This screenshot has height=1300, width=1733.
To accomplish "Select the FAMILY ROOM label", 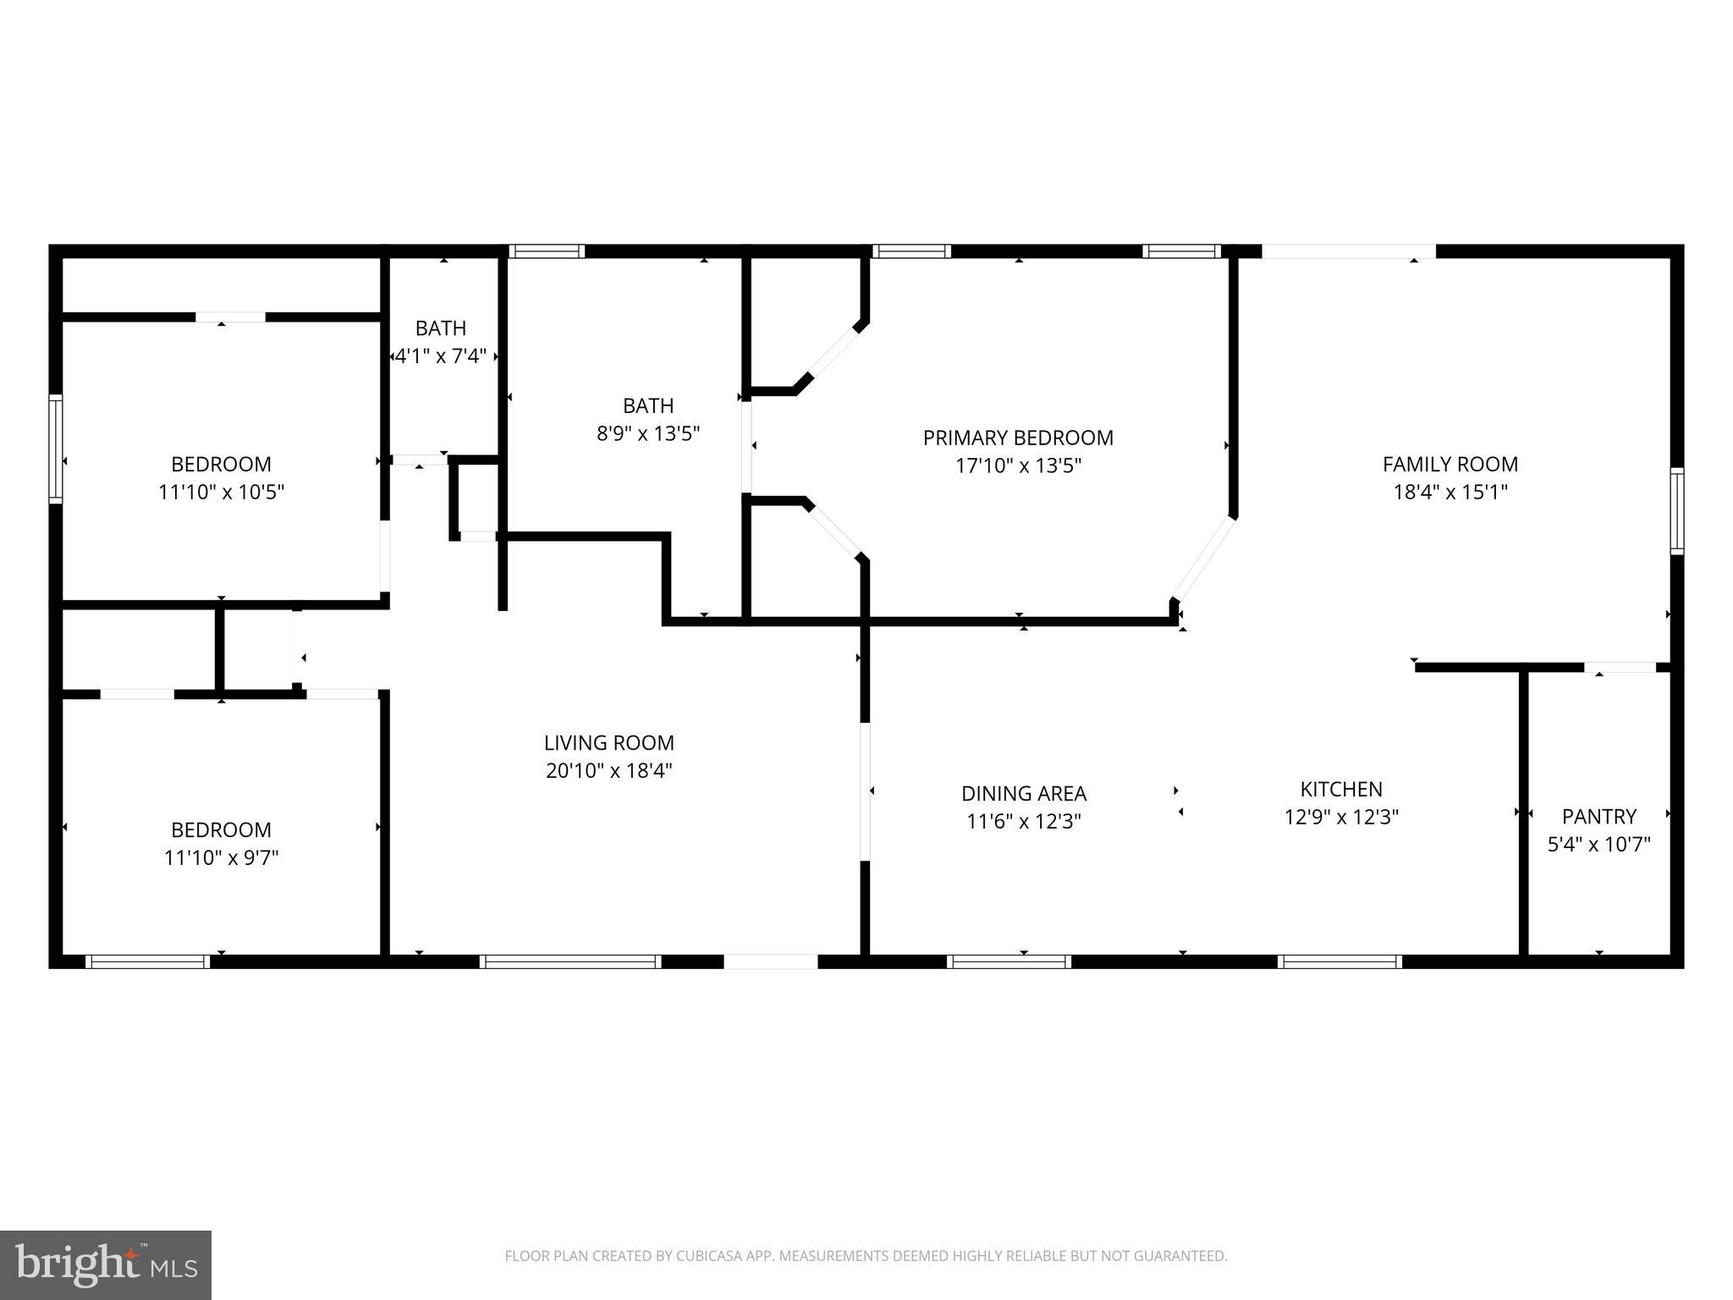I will pos(1450,464).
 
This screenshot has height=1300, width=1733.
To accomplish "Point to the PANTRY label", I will pos(1598,816).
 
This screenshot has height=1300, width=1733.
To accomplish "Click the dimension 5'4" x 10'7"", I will pos(1598,844).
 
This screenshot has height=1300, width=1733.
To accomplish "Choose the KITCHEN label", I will pos(1340,789).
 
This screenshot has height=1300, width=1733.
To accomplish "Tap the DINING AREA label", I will pos(1023,793).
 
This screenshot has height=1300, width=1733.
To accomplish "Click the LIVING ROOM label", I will pos(608,742).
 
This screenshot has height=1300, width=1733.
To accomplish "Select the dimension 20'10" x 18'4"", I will pos(608,770).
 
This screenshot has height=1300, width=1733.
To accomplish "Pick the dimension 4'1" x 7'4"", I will pos(441,355).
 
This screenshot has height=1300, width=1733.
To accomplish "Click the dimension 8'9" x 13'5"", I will pos(647,433).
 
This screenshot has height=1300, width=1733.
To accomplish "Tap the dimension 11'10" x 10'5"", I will pos(221,492).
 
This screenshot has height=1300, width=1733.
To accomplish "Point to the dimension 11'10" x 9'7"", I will pos(221,857).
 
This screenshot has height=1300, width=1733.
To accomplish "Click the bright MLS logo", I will pos(106,1264).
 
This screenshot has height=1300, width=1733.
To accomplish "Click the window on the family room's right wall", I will pos(1675,510).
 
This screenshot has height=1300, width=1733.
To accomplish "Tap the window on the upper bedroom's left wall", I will pos(56,449).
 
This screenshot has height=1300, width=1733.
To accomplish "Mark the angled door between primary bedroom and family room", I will pos(1203,559).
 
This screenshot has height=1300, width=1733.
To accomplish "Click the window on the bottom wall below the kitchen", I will pos(1339,961).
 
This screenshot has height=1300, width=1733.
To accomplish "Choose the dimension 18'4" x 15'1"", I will pos(1450,492).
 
